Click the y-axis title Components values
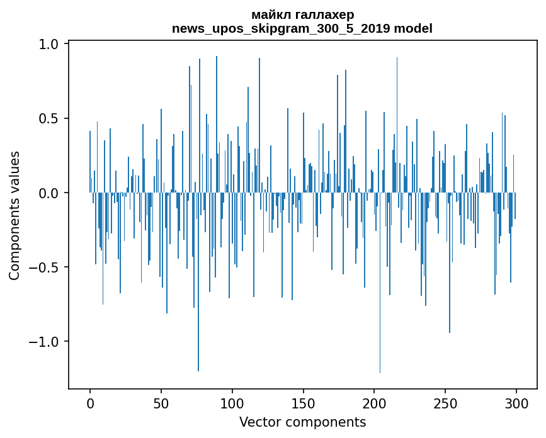(x=14, y=215)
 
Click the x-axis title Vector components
(x=302, y=422)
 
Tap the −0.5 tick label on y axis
(x=45, y=267)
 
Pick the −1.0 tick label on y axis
(x=45, y=342)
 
